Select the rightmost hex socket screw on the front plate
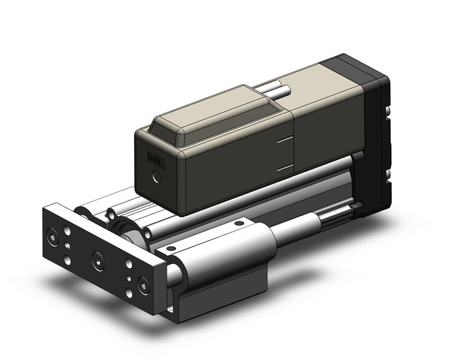click(x=142, y=285)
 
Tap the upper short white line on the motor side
click(x=283, y=140)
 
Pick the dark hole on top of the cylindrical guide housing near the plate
click(x=171, y=248)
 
